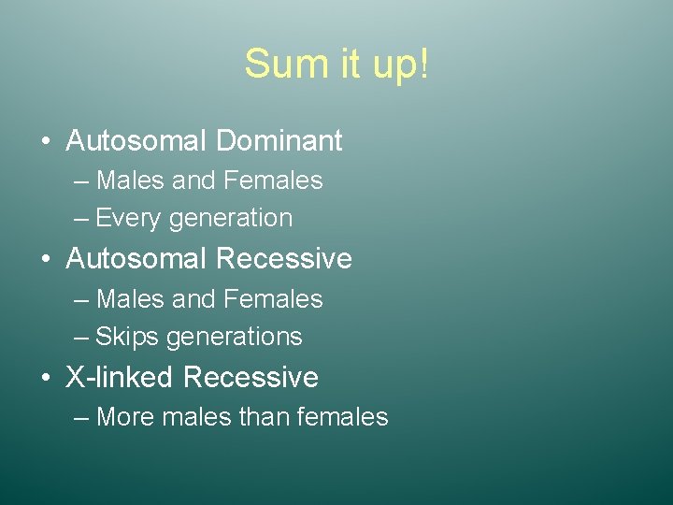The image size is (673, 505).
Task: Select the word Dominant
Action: coord(279,141)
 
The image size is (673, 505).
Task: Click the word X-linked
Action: coord(120,378)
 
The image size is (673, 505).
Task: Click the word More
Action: coord(127,417)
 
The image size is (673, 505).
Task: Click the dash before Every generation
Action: coord(80,219)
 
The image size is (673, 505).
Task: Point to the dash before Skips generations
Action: coord(80,338)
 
